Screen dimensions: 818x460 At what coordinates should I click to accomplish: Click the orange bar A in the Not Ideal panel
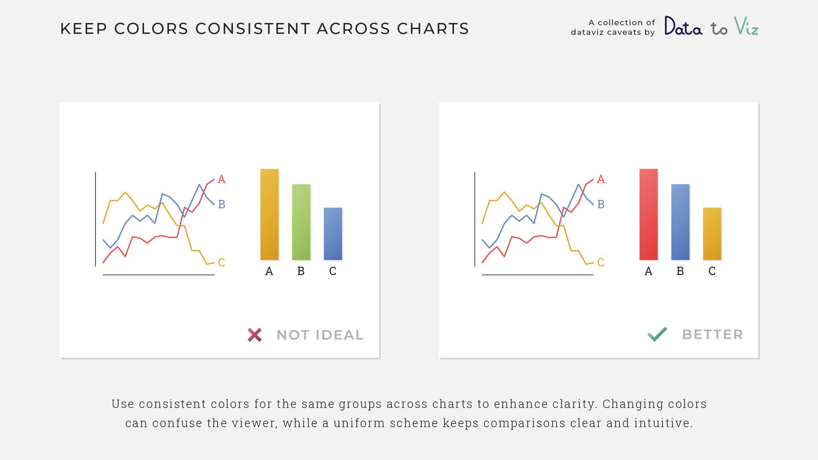click(x=269, y=214)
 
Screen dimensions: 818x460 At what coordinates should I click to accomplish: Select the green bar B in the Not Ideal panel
click(x=301, y=222)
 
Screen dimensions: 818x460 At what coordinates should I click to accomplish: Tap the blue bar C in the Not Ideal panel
click(x=333, y=234)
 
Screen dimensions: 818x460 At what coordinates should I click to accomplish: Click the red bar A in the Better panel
click(x=648, y=214)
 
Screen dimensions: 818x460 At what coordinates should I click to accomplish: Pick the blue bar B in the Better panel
click(x=680, y=222)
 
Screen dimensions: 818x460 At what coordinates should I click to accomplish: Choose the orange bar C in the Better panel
click(x=712, y=234)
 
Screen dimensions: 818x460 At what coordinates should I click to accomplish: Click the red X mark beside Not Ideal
click(x=255, y=335)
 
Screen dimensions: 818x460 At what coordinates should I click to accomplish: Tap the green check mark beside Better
click(x=657, y=334)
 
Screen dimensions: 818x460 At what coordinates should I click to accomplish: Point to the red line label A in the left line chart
click(x=222, y=179)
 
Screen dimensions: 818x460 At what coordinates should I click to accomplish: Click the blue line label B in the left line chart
click(x=222, y=204)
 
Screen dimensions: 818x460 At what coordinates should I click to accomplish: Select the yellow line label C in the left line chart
click(x=222, y=262)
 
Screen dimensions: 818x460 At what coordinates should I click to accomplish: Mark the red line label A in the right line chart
click(x=601, y=179)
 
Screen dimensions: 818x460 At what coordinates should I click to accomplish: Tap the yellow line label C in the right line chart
click(x=601, y=262)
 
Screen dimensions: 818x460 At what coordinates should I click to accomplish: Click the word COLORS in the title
click(x=151, y=29)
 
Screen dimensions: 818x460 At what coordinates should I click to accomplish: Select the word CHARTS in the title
click(x=433, y=29)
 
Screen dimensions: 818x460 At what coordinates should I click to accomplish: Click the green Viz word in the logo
click(x=746, y=26)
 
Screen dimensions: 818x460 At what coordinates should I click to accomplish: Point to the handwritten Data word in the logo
click(x=683, y=26)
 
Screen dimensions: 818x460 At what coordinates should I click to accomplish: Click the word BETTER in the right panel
click(x=713, y=335)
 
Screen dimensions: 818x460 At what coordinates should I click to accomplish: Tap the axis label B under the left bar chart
click(x=301, y=271)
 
